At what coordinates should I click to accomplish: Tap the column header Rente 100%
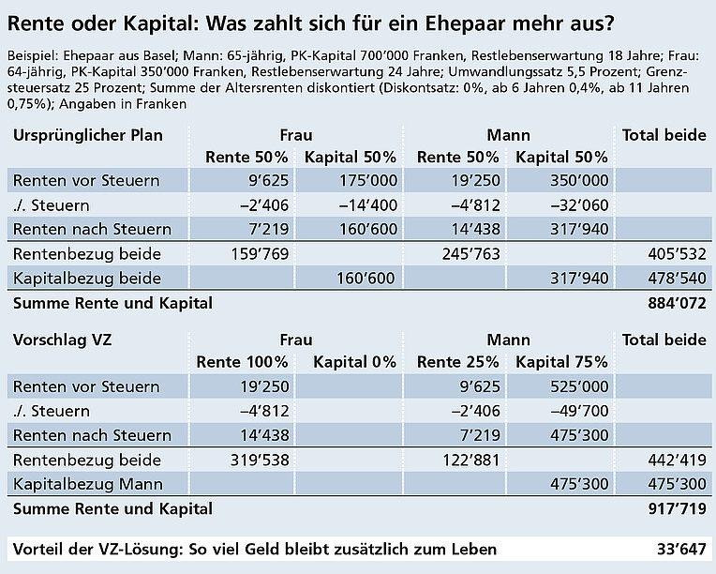point(242,361)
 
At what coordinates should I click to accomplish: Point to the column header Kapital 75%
point(561,361)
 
